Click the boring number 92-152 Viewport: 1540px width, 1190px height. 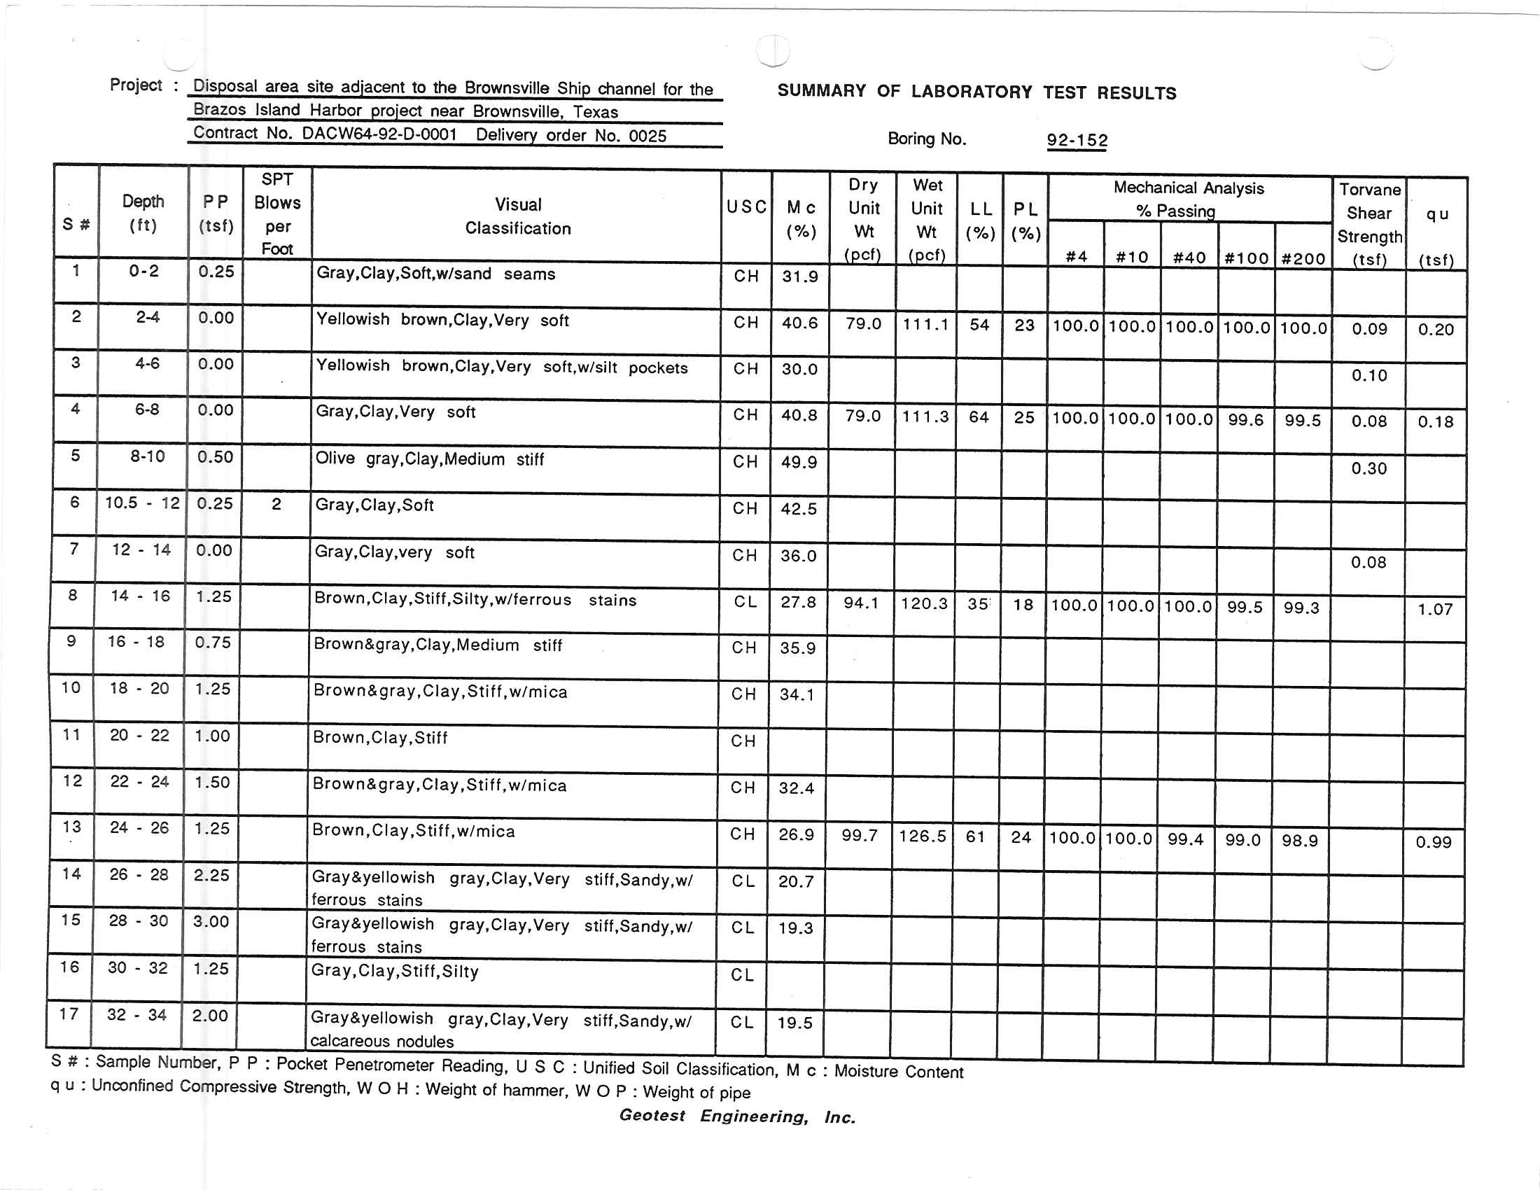tap(1077, 140)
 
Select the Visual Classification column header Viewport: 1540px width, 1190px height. tap(517, 216)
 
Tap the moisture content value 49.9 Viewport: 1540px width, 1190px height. tap(798, 463)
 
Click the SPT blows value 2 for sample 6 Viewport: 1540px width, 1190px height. tap(276, 504)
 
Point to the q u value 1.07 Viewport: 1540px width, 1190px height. tap(1435, 609)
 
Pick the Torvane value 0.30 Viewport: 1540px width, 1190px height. tap(1368, 469)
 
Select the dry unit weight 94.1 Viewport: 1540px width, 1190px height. tap(861, 603)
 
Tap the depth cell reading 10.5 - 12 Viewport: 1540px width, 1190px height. tap(142, 503)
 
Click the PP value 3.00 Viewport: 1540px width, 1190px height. tap(211, 921)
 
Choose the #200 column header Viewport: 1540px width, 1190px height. tap(1303, 259)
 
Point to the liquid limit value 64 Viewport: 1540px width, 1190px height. tap(979, 417)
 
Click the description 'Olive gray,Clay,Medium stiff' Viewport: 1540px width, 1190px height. tap(429, 459)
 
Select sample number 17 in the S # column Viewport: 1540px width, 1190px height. tap(69, 1014)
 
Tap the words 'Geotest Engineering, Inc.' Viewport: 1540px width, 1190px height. tap(737, 1116)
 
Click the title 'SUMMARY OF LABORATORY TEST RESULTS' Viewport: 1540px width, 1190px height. tap(976, 92)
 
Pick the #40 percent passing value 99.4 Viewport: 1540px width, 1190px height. tap(1184, 839)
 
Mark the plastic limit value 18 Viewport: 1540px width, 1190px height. tap(1023, 605)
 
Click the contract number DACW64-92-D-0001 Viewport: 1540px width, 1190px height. tap(379, 134)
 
